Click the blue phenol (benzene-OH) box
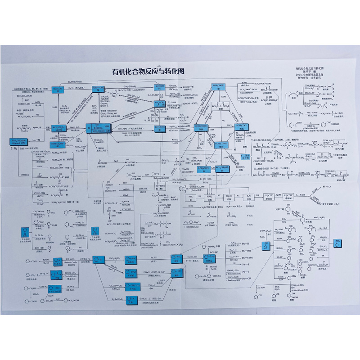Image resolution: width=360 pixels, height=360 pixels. [x=266, y=247]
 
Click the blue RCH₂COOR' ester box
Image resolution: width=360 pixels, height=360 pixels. [x=218, y=87]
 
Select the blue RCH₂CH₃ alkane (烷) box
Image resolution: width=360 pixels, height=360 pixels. [x=61, y=89]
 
